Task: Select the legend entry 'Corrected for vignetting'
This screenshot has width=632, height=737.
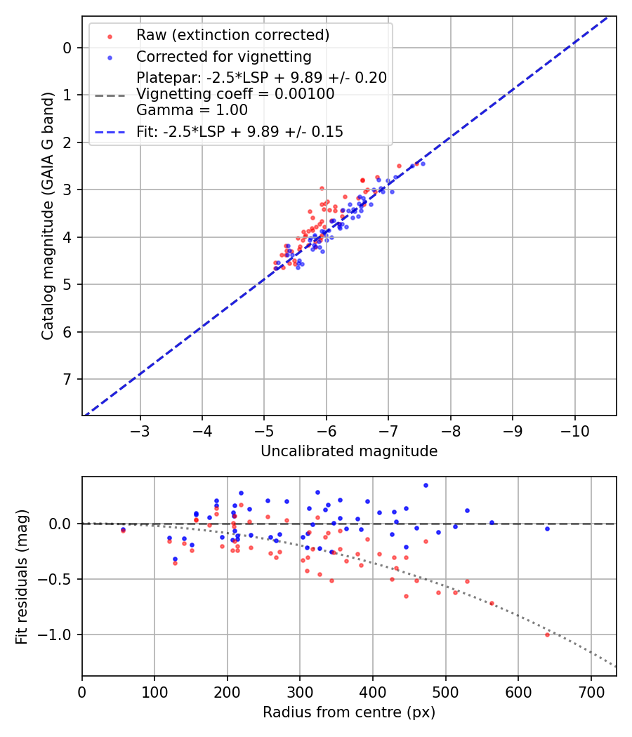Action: tap(223, 56)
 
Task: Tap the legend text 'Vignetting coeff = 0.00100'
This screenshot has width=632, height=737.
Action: tap(235, 94)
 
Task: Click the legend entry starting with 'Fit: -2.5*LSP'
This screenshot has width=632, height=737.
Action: tap(239, 132)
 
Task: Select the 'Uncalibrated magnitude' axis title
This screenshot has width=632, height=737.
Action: tap(349, 451)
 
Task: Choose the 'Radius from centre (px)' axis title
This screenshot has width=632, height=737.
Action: tap(349, 712)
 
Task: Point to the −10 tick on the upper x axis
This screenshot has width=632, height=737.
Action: tap(574, 428)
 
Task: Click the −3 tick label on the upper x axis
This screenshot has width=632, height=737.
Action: tap(140, 428)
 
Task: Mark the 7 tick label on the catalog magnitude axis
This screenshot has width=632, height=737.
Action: tap(68, 379)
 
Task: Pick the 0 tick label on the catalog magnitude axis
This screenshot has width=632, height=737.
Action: tap(68, 48)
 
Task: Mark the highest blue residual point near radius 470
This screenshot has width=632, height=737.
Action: tap(426, 485)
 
